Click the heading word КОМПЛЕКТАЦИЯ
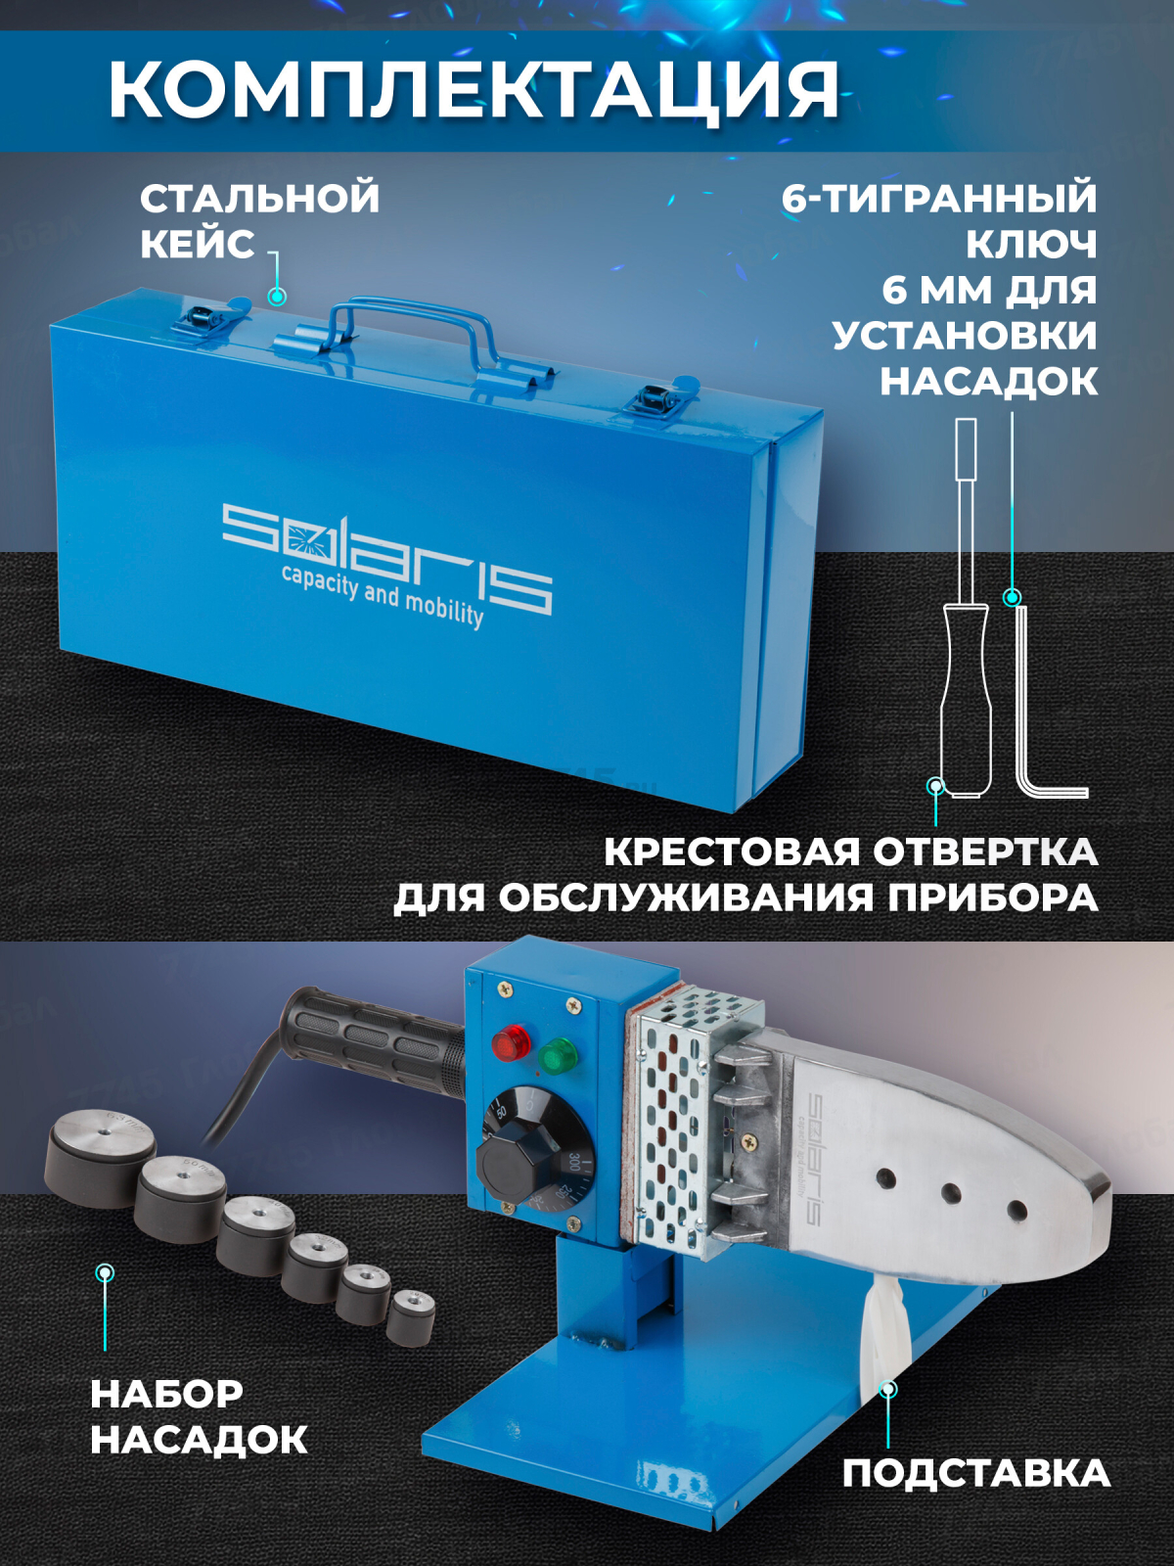pos(474,91)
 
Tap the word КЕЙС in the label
pos(198,244)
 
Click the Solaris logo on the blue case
pos(387,564)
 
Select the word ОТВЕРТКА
pos(986,852)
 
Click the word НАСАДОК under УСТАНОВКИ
pos(989,381)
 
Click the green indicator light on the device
pos(559,1053)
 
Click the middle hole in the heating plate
pos(950,1191)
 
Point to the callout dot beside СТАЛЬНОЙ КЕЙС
pos(277,297)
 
